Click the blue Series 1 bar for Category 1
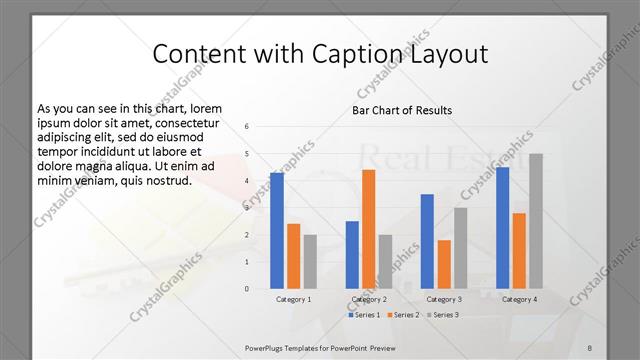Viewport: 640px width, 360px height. [x=277, y=231]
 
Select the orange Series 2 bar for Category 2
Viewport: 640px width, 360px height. [x=368, y=229]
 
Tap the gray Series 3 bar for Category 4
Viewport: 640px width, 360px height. [x=536, y=221]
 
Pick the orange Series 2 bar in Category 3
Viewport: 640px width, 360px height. [x=444, y=264]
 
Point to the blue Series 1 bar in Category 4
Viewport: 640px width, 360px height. [x=502, y=228]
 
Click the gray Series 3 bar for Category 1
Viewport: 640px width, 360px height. [x=310, y=262]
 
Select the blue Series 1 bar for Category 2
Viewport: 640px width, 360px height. [x=352, y=255]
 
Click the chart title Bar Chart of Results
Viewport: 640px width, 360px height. [x=402, y=110]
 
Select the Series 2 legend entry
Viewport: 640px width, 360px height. [x=403, y=315]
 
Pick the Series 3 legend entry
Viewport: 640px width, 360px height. [x=444, y=315]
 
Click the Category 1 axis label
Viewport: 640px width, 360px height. [x=294, y=299]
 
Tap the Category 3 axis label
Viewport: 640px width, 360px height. [x=444, y=299]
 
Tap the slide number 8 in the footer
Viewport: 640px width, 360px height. [x=589, y=347]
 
